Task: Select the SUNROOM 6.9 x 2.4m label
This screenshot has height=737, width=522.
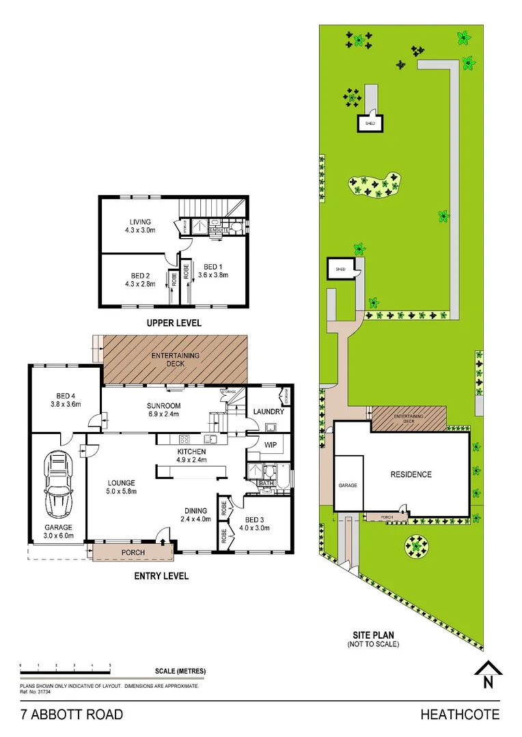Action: click(x=163, y=409)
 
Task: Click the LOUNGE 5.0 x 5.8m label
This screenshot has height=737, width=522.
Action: click(x=120, y=487)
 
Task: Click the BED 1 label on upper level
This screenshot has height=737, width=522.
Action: click(x=212, y=271)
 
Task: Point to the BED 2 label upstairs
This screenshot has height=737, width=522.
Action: click(x=140, y=280)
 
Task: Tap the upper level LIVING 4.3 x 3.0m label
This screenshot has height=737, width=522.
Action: click(x=140, y=226)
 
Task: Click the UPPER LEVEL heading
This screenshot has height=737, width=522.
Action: click(x=174, y=323)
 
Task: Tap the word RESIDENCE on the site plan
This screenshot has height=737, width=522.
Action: click(x=411, y=474)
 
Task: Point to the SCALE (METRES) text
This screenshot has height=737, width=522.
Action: click(x=180, y=671)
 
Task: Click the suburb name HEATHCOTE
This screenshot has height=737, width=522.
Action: click(x=460, y=714)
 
